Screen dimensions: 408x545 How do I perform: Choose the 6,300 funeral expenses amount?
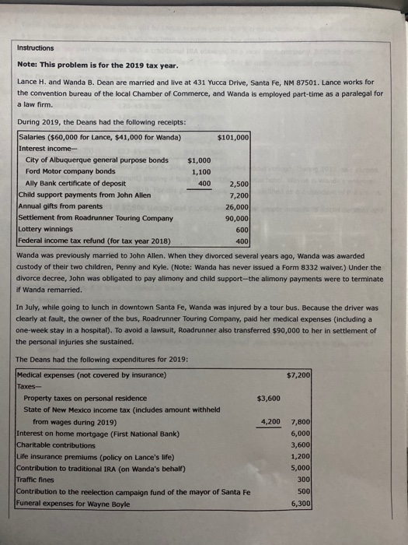tap(300, 504)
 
